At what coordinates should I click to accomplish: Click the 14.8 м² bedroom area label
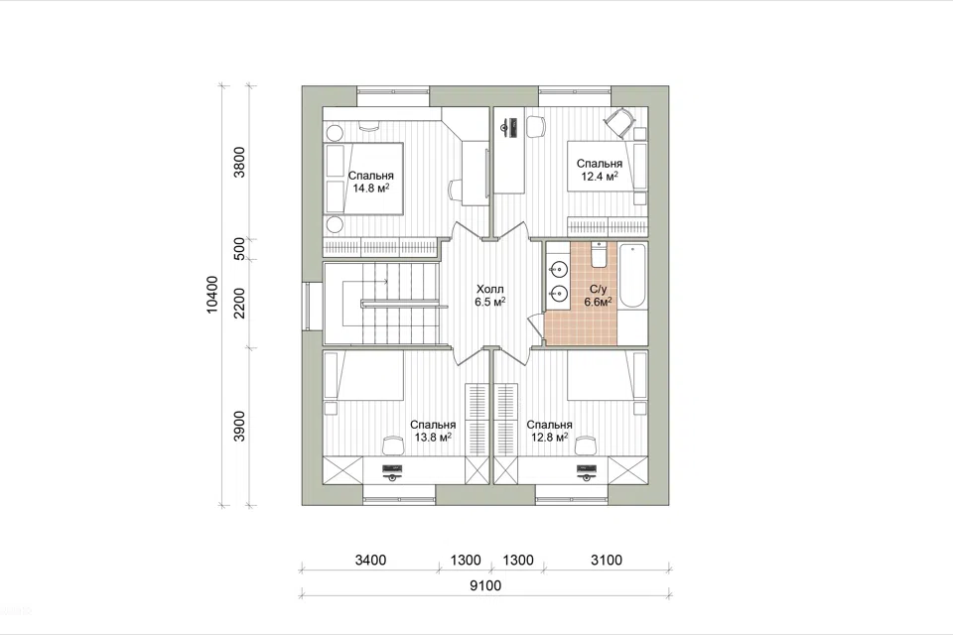click(x=370, y=182)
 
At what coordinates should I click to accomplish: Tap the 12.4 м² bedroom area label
click(x=600, y=170)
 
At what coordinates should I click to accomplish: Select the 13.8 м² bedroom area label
click(x=433, y=431)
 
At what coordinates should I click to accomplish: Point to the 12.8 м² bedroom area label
click(x=549, y=431)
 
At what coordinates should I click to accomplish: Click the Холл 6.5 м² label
click(x=490, y=296)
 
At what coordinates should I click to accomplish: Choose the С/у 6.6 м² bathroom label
click(x=598, y=296)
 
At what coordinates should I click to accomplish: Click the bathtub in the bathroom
click(x=632, y=277)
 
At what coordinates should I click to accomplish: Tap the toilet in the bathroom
click(x=598, y=255)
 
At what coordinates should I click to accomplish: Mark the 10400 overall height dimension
click(x=212, y=295)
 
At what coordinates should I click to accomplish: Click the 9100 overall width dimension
click(x=485, y=585)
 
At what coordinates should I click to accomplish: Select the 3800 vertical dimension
click(x=240, y=162)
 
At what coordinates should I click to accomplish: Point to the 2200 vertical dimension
click(x=240, y=303)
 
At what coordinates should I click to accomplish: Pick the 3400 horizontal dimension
click(x=370, y=560)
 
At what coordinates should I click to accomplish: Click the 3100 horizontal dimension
click(x=607, y=560)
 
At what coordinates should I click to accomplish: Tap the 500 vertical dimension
click(x=240, y=248)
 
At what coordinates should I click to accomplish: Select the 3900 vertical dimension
click(x=240, y=426)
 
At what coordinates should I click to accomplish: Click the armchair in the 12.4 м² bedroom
click(x=618, y=121)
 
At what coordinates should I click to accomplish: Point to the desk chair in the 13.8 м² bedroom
click(x=393, y=444)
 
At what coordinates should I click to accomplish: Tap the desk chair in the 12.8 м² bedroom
click(x=586, y=444)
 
